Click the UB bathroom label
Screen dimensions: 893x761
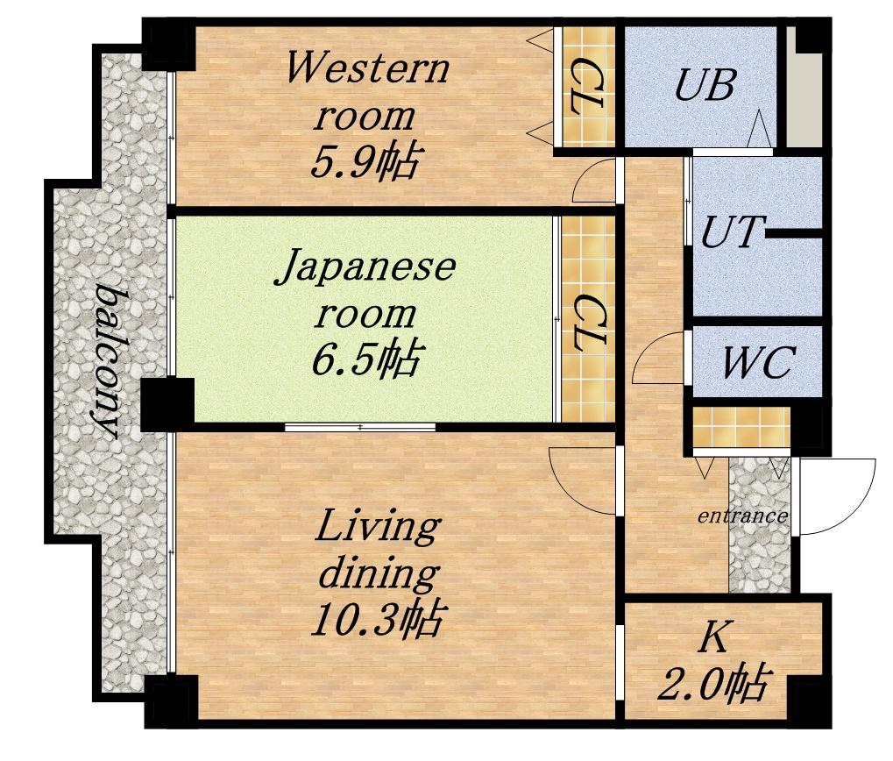click(x=705, y=85)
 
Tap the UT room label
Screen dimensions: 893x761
click(x=730, y=231)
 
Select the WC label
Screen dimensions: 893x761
click(x=759, y=362)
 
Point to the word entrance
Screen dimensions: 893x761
click(x=742, y=516)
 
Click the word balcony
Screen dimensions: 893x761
click(x=108, y=363)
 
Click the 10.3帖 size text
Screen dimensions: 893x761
click(x=377, y=619)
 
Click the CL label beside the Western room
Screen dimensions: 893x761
click(x=586, y=86)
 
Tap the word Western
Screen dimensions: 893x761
click(x=367, y=68)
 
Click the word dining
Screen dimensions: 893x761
click(x=379, y=573)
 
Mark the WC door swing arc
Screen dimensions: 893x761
click(x=647, y=352)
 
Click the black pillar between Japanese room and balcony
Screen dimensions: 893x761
click(x=167, y=405)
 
